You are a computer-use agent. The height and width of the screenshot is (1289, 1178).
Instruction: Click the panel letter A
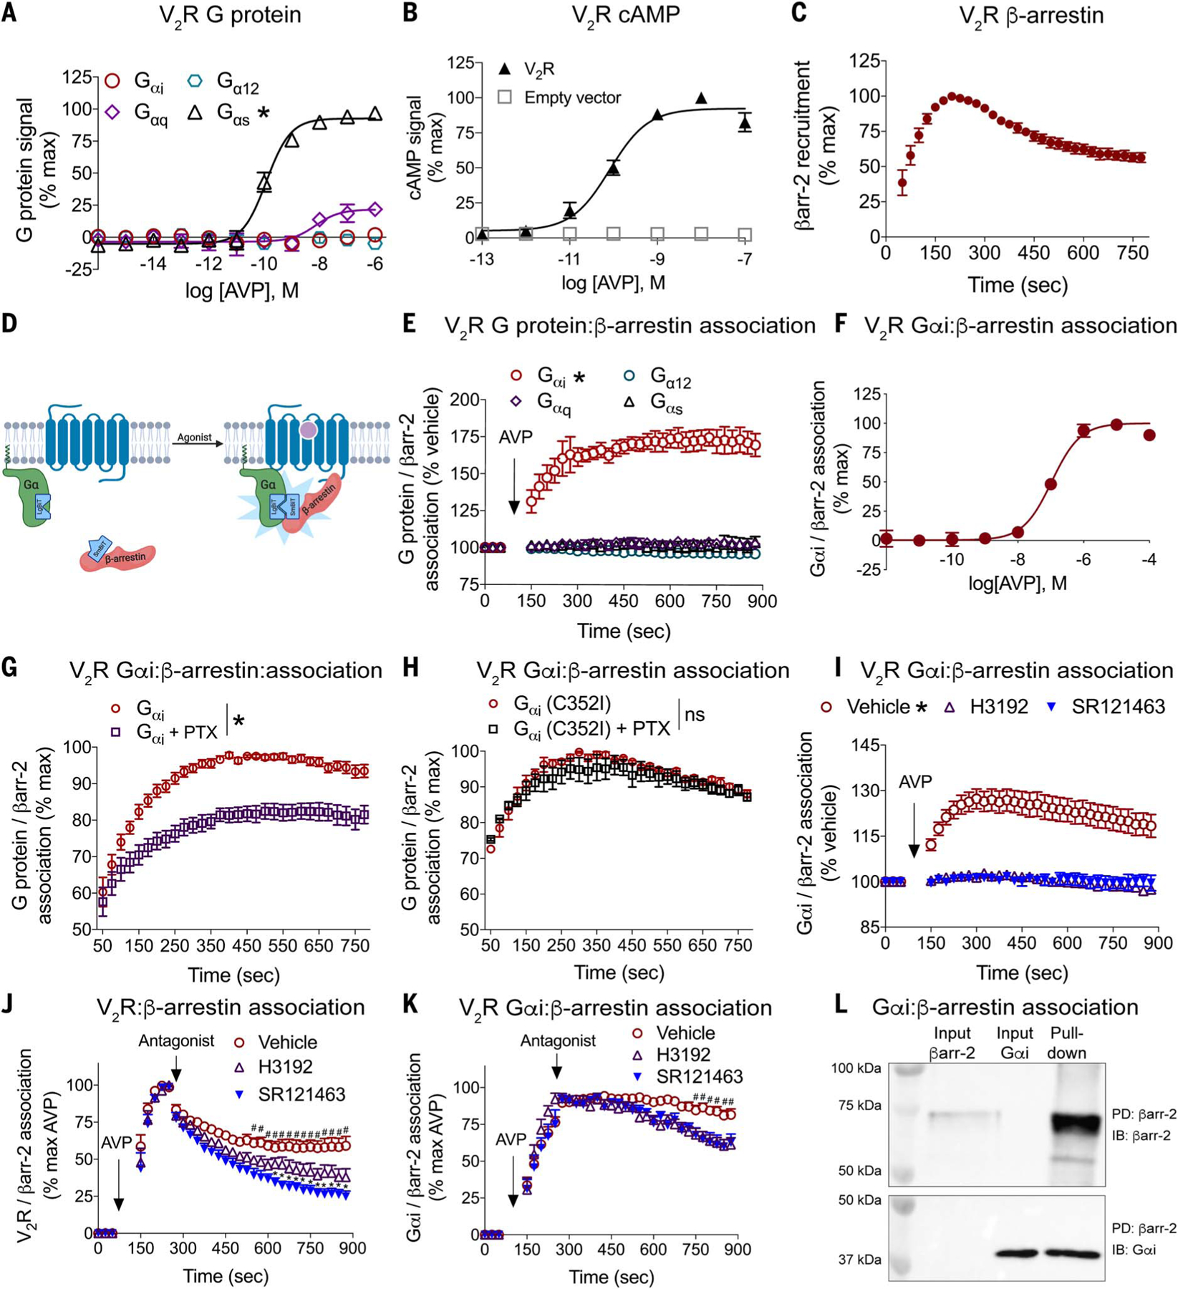9,14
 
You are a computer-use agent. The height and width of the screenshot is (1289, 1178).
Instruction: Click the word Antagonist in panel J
175,1041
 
